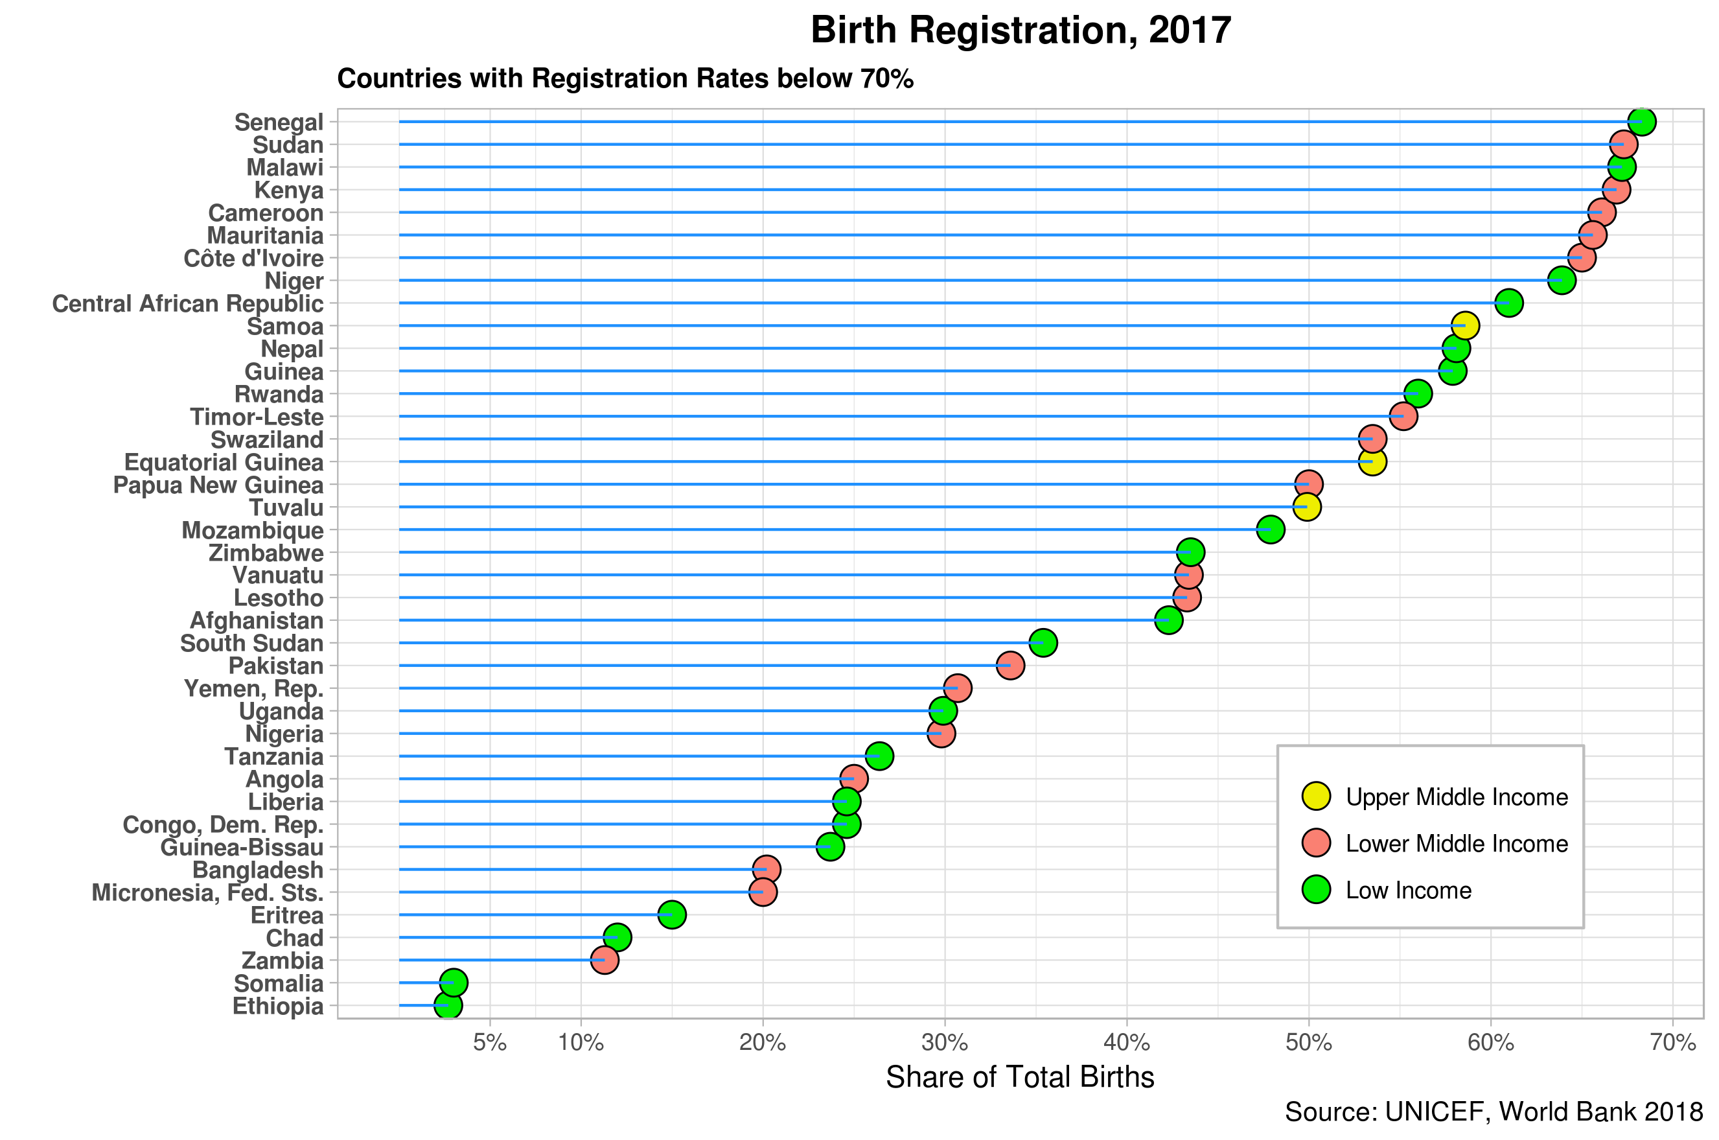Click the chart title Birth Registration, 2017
click(x=1020, y=30)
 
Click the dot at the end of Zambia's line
click(x=605, y=960)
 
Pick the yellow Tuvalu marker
click(x=1307, y=507)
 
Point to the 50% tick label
click(x=1308, y=1043)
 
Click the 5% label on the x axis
click(x=489, y=1043)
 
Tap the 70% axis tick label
click(x=1672, y=1043)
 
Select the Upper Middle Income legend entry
click(x=1457, y=797)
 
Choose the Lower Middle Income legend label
click(x=1457, y=843)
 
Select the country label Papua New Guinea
click(x=218, y=485)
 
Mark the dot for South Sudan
click(x=1043, y=643)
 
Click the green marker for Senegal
click(x=1641, y=121)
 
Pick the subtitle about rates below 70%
click(x=625, y=78)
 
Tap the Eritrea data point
click(x=672, y=914)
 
